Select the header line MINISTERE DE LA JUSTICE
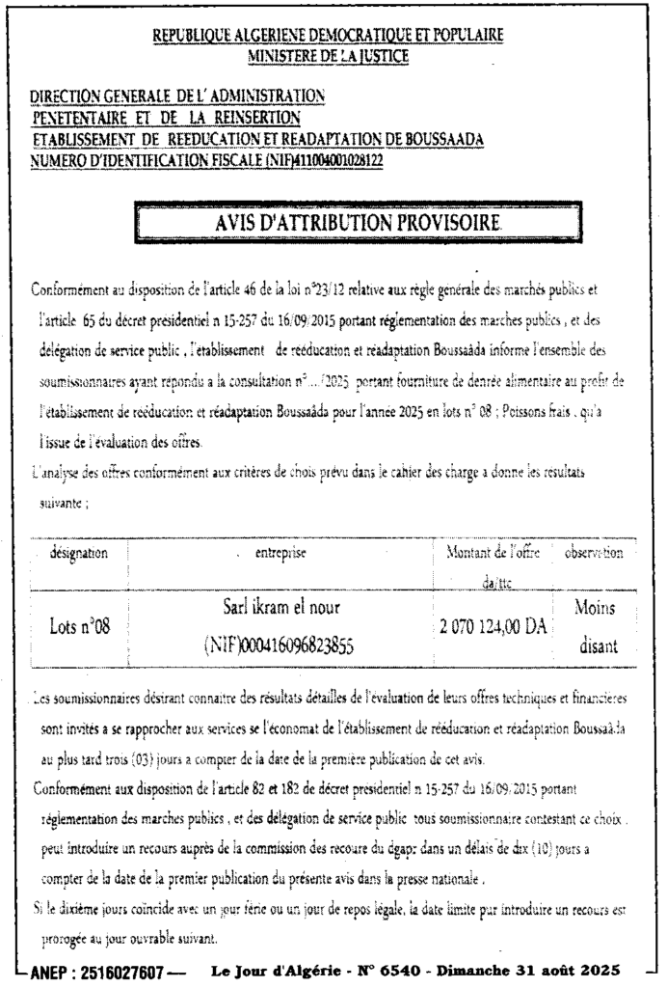(329, 56)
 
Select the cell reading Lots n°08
(80, 627)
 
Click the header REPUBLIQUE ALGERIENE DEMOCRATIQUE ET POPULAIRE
(329, 37)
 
